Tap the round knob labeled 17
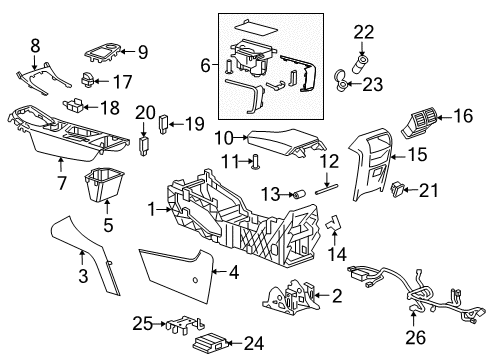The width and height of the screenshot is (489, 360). [x=88, y=82]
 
